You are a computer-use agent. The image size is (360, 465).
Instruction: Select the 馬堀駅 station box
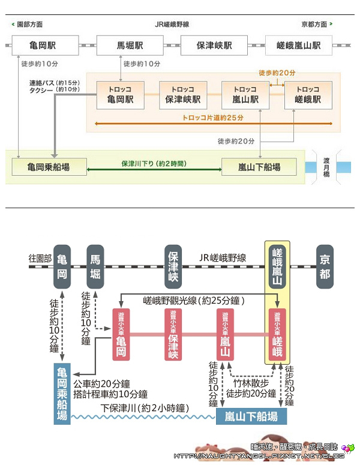[x=130, y=46]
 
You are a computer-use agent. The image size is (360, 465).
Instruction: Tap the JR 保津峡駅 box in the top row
[x=214, y=46]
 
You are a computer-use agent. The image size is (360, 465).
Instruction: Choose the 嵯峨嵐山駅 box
[x=299, y=46]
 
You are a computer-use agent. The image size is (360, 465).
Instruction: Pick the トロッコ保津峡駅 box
[x=183, y=95]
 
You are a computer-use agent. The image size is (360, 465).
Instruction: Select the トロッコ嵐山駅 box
[x=246, y=95]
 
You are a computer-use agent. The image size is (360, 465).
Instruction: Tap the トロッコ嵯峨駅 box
[x=308, y=95]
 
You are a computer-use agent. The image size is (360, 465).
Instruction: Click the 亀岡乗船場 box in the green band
[x=49, y=167]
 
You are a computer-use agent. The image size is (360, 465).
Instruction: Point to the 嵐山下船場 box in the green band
[x=259, y=167]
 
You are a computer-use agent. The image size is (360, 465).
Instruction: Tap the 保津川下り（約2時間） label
[x=154, y=163]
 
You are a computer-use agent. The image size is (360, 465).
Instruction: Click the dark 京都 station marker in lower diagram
[x=325, y=266]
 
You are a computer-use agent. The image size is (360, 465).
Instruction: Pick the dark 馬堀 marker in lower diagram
[x=95, y=266]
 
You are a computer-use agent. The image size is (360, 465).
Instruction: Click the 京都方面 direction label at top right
[x=316, y=25]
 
